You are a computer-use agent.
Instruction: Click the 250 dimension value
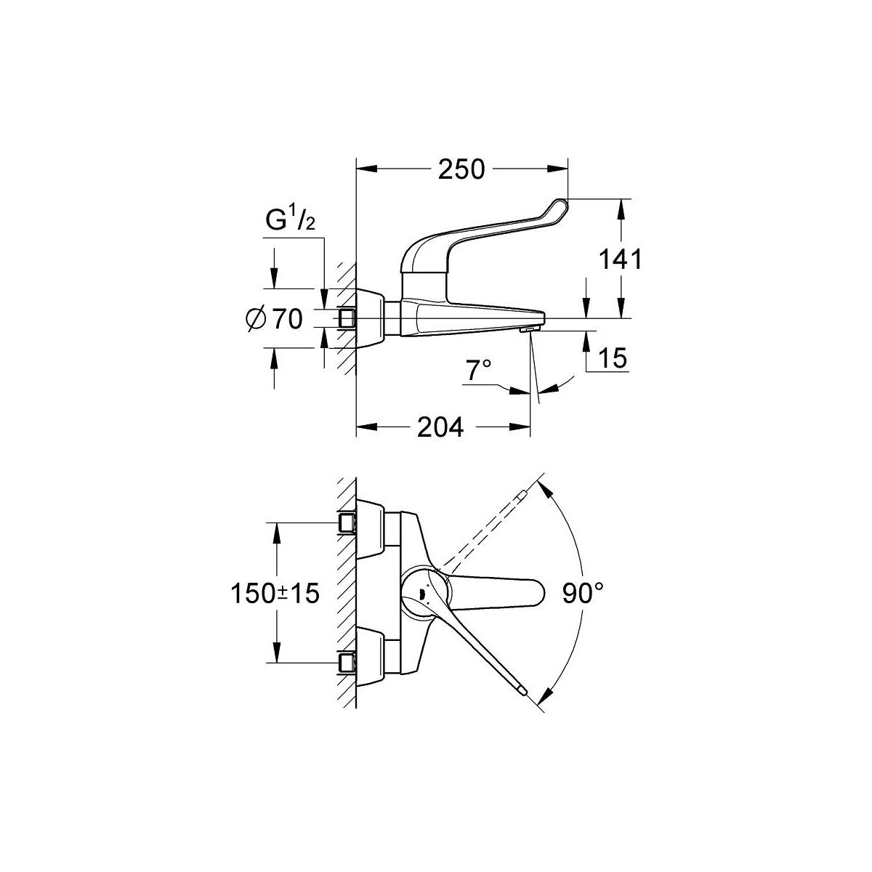coord(461,169)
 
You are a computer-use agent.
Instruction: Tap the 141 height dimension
coord(620,259)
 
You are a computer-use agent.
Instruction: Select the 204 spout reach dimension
coord(440,427)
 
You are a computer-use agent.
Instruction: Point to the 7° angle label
coord(479,370)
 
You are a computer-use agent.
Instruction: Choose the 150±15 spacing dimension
coord(275,593)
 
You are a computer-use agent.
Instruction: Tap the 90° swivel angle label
coord(584,593)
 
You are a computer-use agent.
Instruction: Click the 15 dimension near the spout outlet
coord(613,358)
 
